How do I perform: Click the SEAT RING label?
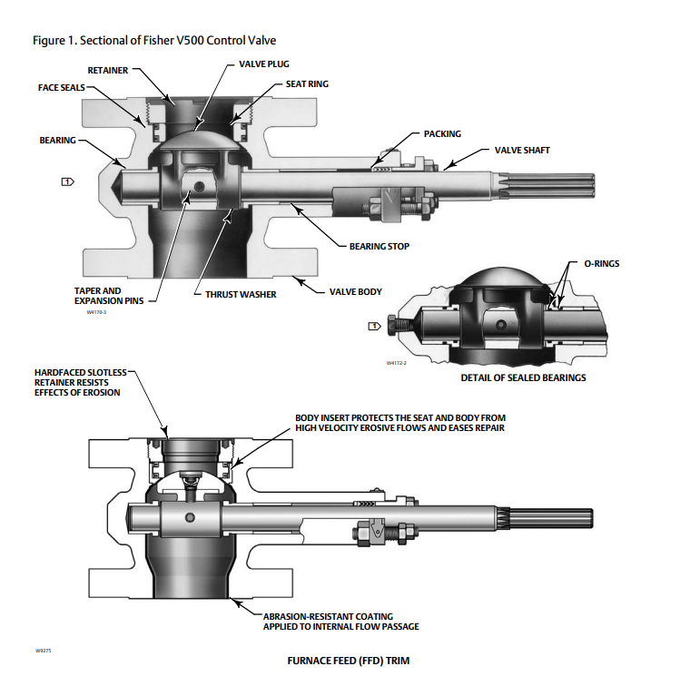point(304,84)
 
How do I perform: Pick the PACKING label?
point(442,133)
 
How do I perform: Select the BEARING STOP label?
point(380,246)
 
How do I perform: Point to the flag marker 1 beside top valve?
point(67,181)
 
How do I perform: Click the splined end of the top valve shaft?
point(562,188)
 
